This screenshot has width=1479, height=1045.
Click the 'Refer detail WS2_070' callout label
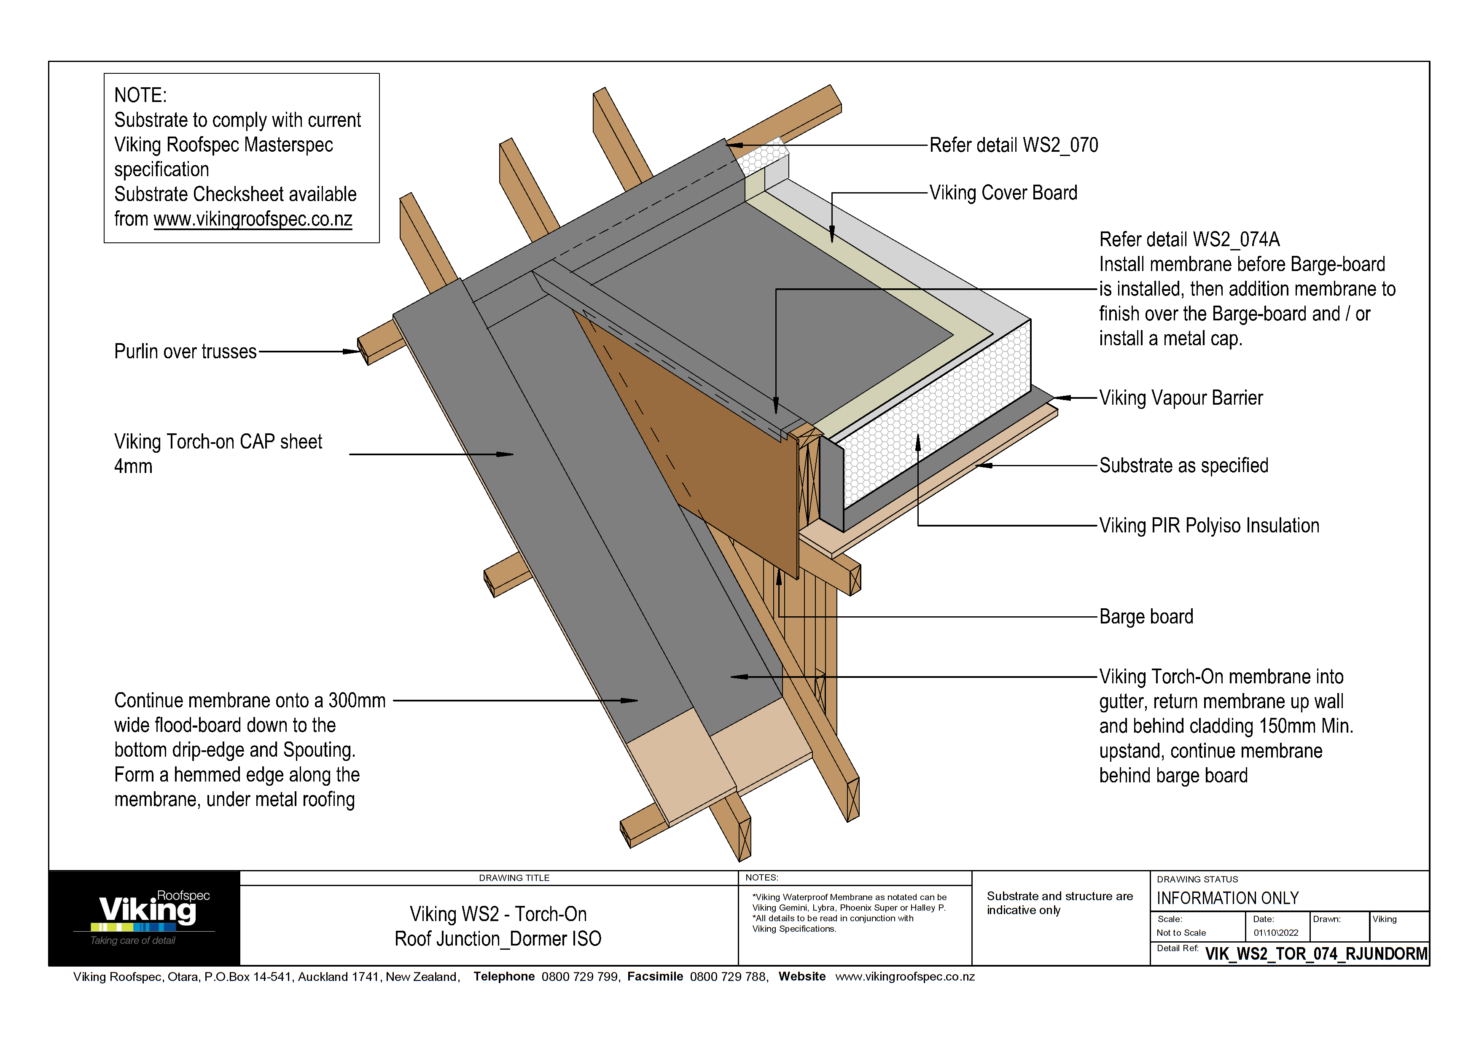coord(1013,145)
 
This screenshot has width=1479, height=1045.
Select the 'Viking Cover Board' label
coord(1003,193)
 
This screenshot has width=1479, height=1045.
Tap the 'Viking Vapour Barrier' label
coord(1180,398)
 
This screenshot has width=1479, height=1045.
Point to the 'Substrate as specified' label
coord(1183,465)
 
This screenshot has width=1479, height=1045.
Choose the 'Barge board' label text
coord(1146,617)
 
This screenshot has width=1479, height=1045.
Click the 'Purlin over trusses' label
coord(185,352)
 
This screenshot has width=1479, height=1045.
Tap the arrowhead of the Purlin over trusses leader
coord(354,352)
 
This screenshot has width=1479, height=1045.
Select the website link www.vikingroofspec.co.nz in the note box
coord(253,219)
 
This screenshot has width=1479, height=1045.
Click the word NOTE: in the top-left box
coord(140,95)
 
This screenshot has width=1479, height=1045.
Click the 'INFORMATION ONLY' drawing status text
coord(1227,898)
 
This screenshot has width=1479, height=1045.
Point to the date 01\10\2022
coord(1275,933)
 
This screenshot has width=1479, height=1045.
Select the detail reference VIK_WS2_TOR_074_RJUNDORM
coord(1316,954)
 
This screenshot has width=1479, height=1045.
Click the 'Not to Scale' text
coord(1181,933)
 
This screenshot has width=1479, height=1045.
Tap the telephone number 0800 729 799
coord(579,977)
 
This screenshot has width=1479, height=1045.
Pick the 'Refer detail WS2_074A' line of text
coord(1189,239)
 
